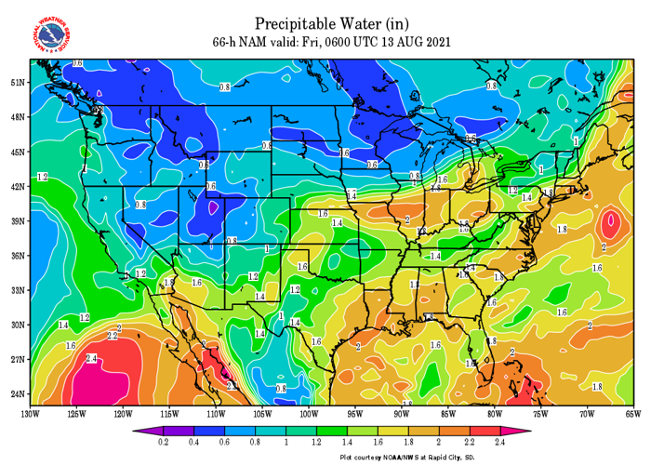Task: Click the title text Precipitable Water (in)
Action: (x=332, y=22)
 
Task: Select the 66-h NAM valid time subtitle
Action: (x=332, y=41)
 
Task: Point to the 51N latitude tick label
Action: (x=17, y=82)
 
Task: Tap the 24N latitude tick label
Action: (x=17, y=393)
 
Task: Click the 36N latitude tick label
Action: (x=17, y=255)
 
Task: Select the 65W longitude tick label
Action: (x=634, y=413)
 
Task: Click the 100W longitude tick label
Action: (x=309, y=413)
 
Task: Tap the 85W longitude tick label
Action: (x=448, y=413)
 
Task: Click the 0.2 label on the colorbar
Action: (x=164, y=445)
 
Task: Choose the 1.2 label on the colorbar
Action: (x=318, y=445)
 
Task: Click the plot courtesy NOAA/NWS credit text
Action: (x=407, y=458)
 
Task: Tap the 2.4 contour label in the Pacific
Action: (x=91, y=358)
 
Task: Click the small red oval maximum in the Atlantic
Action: (x=610, y=222)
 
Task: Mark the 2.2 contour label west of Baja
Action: (x=113, y=335)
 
